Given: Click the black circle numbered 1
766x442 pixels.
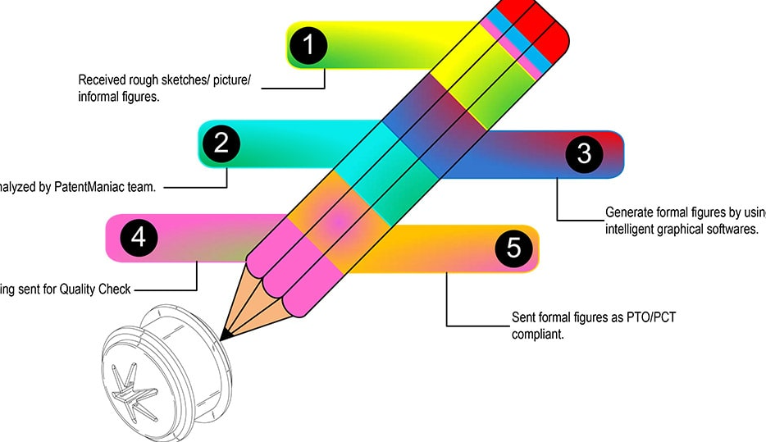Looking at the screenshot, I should [308, 45].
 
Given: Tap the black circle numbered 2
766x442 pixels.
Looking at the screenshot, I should [221, 144].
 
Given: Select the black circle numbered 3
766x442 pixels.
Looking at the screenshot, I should [583, 153].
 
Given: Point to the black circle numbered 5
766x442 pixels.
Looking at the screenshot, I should [513, 248].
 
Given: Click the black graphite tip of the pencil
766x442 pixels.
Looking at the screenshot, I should [224, 334].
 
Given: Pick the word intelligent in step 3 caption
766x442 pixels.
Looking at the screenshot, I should [631, 229].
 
